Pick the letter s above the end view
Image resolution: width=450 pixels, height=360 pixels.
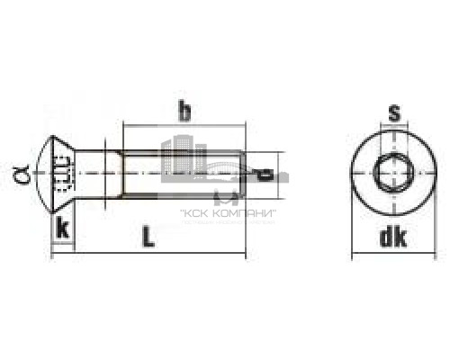(392, 112)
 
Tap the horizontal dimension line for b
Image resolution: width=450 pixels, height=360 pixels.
(184, 128)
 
